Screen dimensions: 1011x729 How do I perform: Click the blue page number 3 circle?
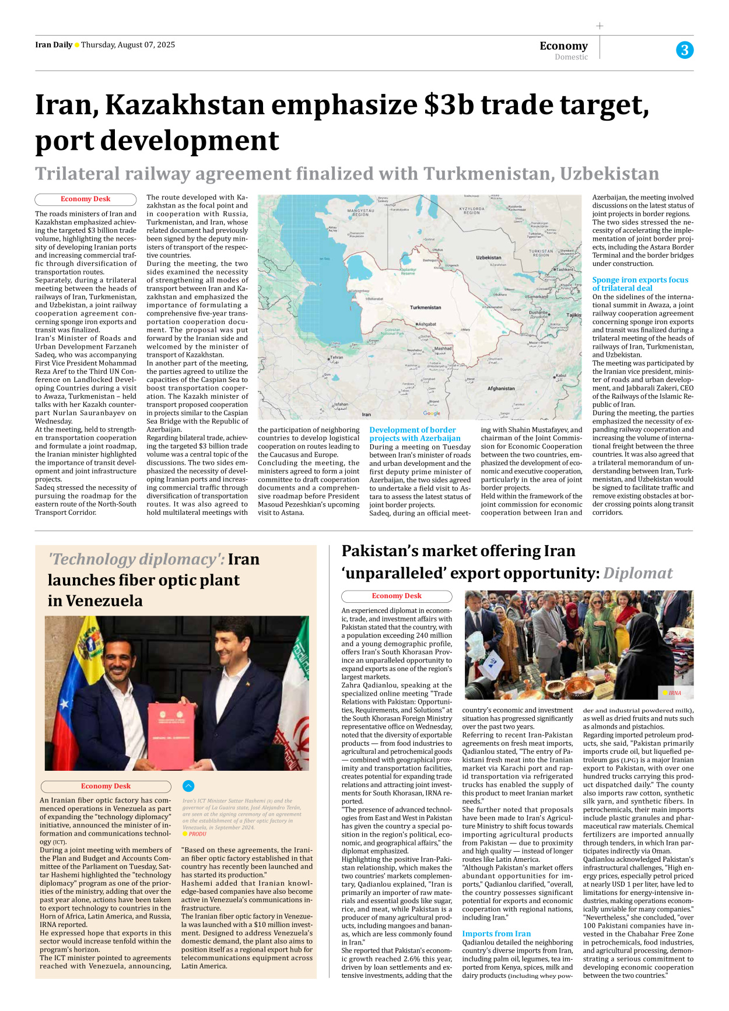[x=685, y=50]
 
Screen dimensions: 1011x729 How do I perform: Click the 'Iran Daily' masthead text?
[x=54, y=45]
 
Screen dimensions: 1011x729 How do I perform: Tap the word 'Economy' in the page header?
[x=563, y=45]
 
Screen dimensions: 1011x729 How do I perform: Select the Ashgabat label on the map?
[x=427, y=324]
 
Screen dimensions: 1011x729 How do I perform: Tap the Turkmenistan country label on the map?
[x=425, y=307]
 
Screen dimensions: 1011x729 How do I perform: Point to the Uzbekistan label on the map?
[x=489, y=257]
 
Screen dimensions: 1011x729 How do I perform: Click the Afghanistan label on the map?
[x=501, y=388]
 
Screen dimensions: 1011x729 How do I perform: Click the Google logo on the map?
[x=432, y=413]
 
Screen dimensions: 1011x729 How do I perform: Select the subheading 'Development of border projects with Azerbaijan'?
[x=415, y=434]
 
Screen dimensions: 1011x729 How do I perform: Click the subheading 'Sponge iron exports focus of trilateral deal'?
[x=640, y=284]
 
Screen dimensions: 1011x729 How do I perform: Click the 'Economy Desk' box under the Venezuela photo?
[x=106, y=786]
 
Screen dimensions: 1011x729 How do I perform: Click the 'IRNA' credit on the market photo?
[x=675, y=693]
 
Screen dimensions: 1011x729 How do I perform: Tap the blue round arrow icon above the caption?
[x=188, y=786]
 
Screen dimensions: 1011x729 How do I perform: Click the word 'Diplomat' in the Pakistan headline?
[x=637, y=573]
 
